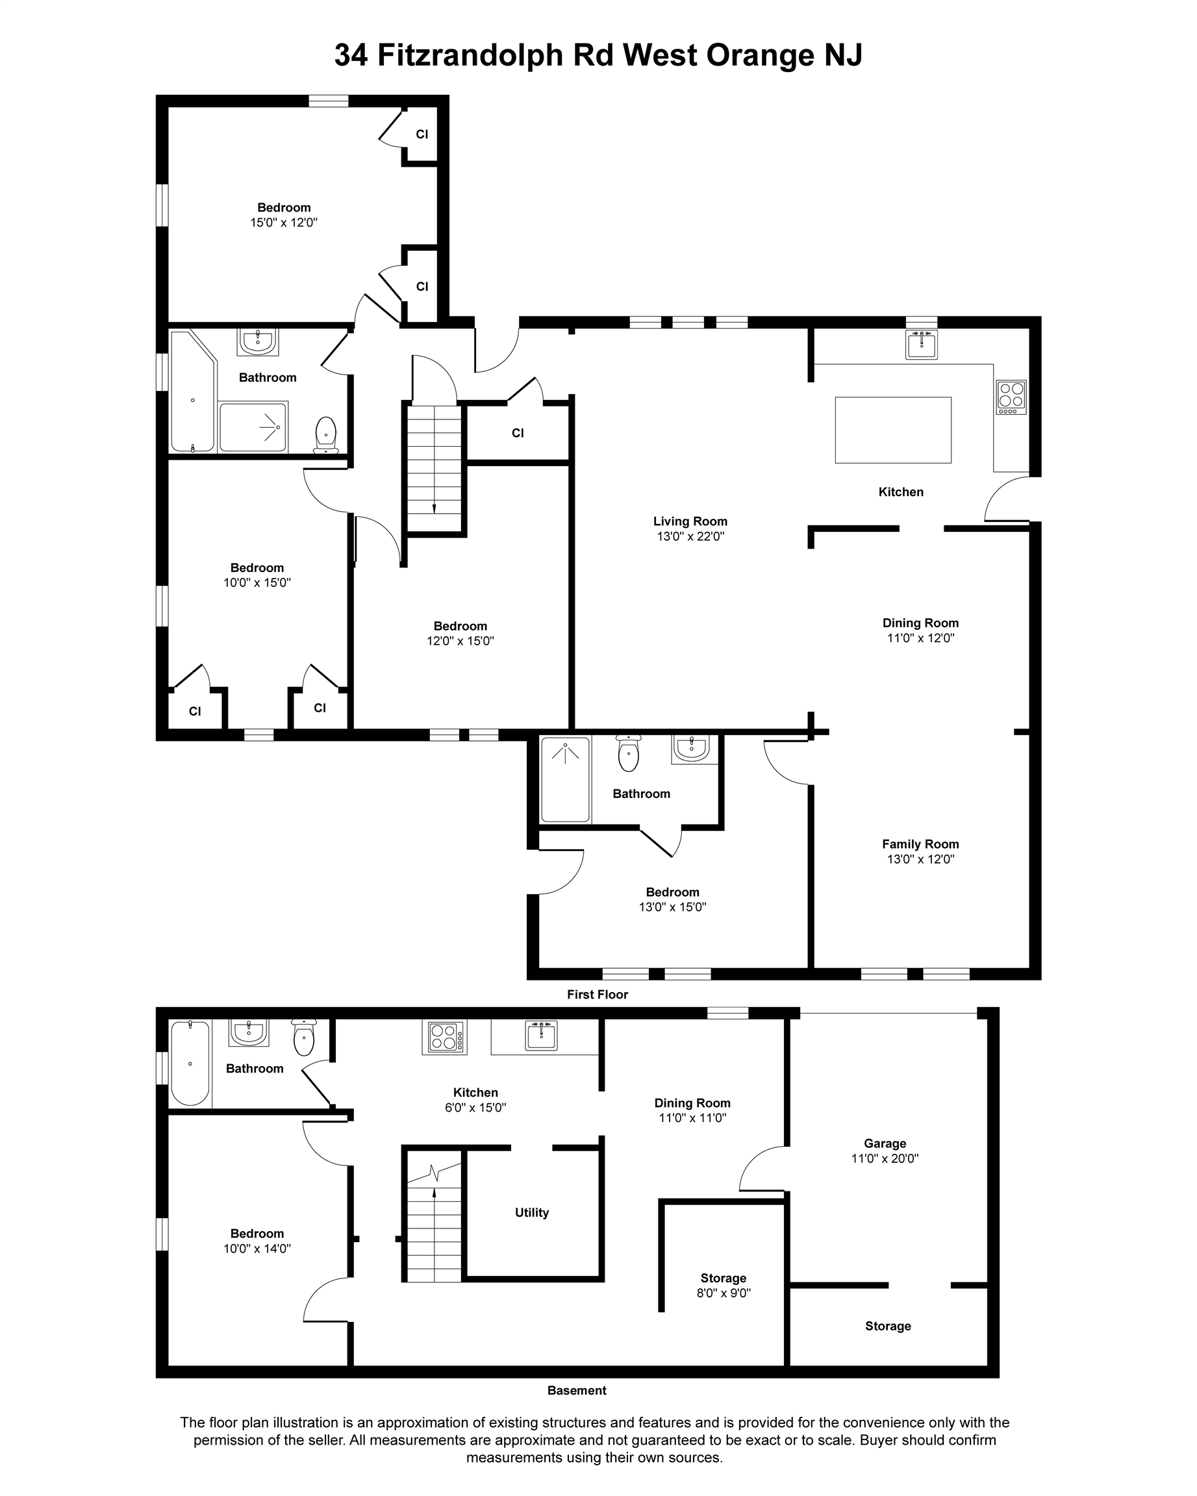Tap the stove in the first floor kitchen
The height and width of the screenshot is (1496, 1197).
pyautogui.click(x=1011, y=397)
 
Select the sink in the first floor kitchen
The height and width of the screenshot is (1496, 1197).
pyautogui.click(x=921, y=344)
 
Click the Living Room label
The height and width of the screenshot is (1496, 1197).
pyautogui.click(x=690, y=521)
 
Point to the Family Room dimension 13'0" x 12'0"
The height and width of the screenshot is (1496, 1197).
pyautogui.click(x=920, y=859)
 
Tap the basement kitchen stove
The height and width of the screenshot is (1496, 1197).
pyautogui.click(x=444, y=1037)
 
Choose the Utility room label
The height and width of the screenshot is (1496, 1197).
pyautogui.click(x=531, y=1212)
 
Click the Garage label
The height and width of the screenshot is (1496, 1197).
pyautogui.click(x=885, y=1143)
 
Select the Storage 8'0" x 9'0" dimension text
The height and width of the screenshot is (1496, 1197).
pyautogui.click(x=723, y=1293)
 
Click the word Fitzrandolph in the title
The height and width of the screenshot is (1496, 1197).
pyautogui.click(x=469, y=55)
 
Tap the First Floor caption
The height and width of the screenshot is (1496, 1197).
pyautogui.click(x=597, y=994)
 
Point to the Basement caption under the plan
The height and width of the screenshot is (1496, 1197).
pyautogui.click(x=577, y=1391)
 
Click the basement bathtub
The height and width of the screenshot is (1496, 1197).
pyautogui.click(x=190, y=1062)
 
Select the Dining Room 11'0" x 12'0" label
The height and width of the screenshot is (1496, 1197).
pyautogui.click(x=920, y=630)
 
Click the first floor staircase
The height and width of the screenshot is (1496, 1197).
pyautogui.click(x=435, y=469)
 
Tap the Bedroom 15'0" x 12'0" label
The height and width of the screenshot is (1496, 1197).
pyautogui.click(x=284, y=215)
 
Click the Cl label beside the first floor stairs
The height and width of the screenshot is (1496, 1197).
pyautogui.click(x=518, y=433)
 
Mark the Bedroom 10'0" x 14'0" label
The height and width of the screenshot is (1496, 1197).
pyautogui.click(x=257, y=1241)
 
